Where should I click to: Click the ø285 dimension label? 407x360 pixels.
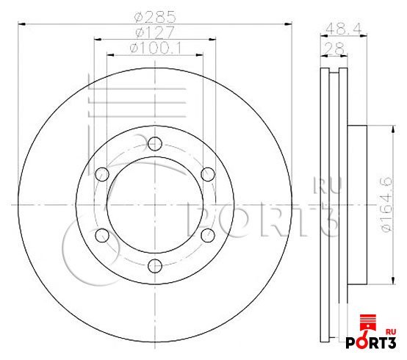[x=155, y=17]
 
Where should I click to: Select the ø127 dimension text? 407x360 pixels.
[x=155, y=33]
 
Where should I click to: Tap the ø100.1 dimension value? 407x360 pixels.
[x=156, y=48]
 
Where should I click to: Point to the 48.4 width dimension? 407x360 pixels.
[x=343, y=29]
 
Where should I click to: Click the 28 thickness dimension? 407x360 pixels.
[x=335, y=48]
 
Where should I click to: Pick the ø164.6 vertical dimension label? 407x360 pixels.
[x=386, y=205]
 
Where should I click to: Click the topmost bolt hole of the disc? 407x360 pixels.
[x=155, y=143]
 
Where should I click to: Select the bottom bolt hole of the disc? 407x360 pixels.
[x=155, y=266]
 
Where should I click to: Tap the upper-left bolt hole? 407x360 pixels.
[x=102, y=174]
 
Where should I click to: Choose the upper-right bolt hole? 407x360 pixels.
[x=208, y=174]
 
